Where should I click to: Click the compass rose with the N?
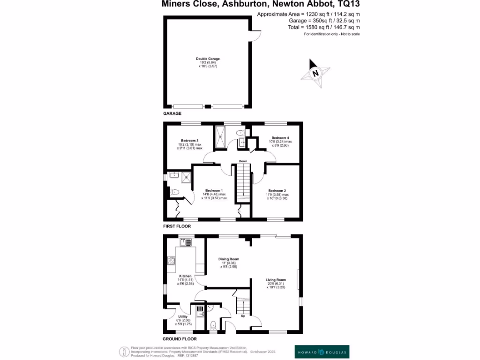[316, 73]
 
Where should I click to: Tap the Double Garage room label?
[208, 59]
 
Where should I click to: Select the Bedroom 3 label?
[190, 141]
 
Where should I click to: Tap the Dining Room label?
[229, 259]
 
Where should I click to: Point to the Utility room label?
[183, 317]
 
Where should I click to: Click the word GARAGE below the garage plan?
[172, 113]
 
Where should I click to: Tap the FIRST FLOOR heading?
[177, 226]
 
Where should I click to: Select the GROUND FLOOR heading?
[180, 338]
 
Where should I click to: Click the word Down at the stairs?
[243, 161]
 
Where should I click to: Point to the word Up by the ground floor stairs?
[243, 316]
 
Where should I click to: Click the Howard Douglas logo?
[322, 351]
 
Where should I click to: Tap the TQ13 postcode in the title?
[349, 4]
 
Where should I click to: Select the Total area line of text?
[324, 28]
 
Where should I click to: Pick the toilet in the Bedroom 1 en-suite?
[174, 192]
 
